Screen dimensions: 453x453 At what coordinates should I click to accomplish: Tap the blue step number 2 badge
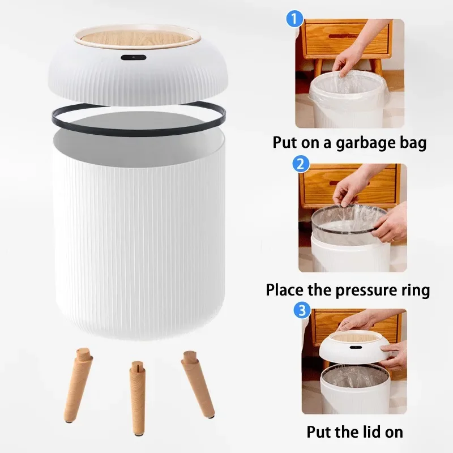point(301,165)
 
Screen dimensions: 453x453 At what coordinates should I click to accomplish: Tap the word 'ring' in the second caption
point(414,290)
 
